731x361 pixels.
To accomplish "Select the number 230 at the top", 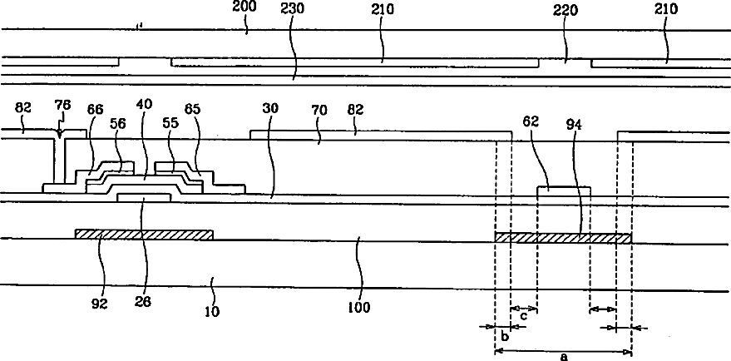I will click(293, 9).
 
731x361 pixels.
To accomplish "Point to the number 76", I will click(62, 106).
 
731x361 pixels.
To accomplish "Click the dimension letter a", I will click(564, 357).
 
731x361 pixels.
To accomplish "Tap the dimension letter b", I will click(503, 337).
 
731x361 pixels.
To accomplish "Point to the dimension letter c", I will click(523, 316).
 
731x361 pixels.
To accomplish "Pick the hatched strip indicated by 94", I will click(563, 238).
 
